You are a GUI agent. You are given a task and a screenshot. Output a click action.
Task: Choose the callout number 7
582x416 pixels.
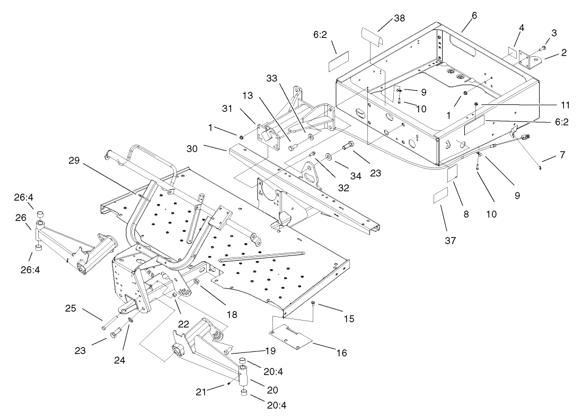coord(562,155)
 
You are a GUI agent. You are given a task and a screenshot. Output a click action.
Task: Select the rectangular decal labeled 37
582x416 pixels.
coord(441,198)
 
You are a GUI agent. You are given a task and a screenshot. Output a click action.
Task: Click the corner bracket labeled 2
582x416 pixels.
coord(531,61)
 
